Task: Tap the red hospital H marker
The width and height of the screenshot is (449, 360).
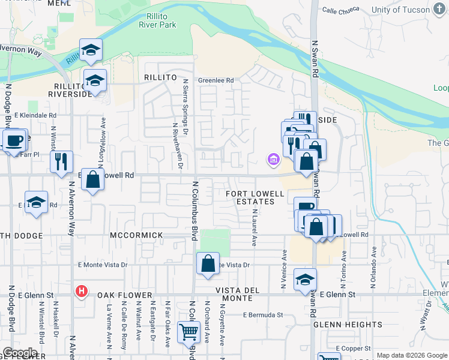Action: click(82, 292)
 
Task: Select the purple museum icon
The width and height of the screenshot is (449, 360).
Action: click(274, 159)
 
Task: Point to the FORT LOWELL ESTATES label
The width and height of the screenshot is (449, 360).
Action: click(250, 197)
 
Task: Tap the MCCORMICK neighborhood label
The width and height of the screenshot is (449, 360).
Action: click(136, 235)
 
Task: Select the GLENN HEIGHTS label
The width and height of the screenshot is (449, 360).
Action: click(348, 325)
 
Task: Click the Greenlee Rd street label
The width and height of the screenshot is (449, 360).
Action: click(215, 80)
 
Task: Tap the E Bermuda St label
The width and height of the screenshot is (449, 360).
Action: click(263, 314)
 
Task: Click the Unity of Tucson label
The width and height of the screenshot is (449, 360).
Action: click(406, 10)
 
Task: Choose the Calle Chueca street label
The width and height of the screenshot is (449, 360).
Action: click(340, 10)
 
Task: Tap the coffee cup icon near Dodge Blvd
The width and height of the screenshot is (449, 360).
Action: click(13, 141)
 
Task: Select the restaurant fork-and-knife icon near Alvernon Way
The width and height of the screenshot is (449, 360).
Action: click(61, 161)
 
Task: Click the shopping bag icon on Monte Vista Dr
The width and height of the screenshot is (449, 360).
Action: click(208, 263)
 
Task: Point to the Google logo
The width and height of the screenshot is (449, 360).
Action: click(20, 353)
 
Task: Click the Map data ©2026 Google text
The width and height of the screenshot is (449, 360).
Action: click(412, 355)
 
